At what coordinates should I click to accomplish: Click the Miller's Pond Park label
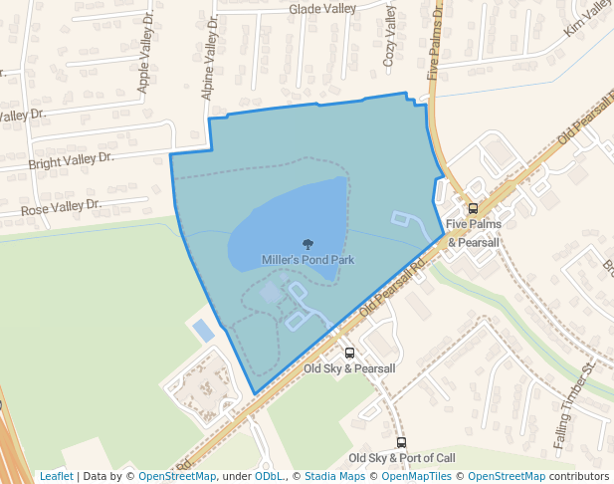point(307,260)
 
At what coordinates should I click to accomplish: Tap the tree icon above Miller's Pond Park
point(308,244)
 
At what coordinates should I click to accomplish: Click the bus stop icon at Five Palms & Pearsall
point(473,209)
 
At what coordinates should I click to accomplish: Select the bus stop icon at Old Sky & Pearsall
point(349,353)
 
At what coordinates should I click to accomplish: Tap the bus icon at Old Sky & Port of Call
point(401,442)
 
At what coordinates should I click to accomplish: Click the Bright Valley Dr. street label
point(72,159)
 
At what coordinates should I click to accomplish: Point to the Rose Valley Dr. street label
point(62,208)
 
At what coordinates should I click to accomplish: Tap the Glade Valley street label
point(322,9)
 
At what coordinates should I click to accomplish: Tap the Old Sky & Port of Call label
point(402,458)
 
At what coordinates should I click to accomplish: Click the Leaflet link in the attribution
point(56,476)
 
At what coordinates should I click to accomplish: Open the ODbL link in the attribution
point(269,476)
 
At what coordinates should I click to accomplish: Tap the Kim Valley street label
point(587,20)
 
